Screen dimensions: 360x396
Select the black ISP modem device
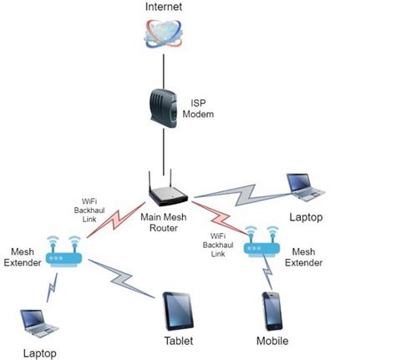[164, 112]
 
